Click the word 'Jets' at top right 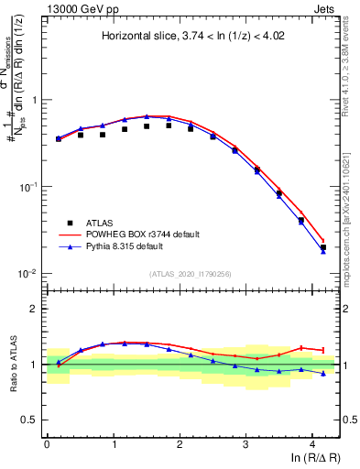(325, 8)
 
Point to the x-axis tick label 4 (312, 444)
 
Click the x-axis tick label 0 (47, 444)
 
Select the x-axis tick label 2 (180, 444)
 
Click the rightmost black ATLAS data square (322, 247)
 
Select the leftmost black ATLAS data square (58, 138)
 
